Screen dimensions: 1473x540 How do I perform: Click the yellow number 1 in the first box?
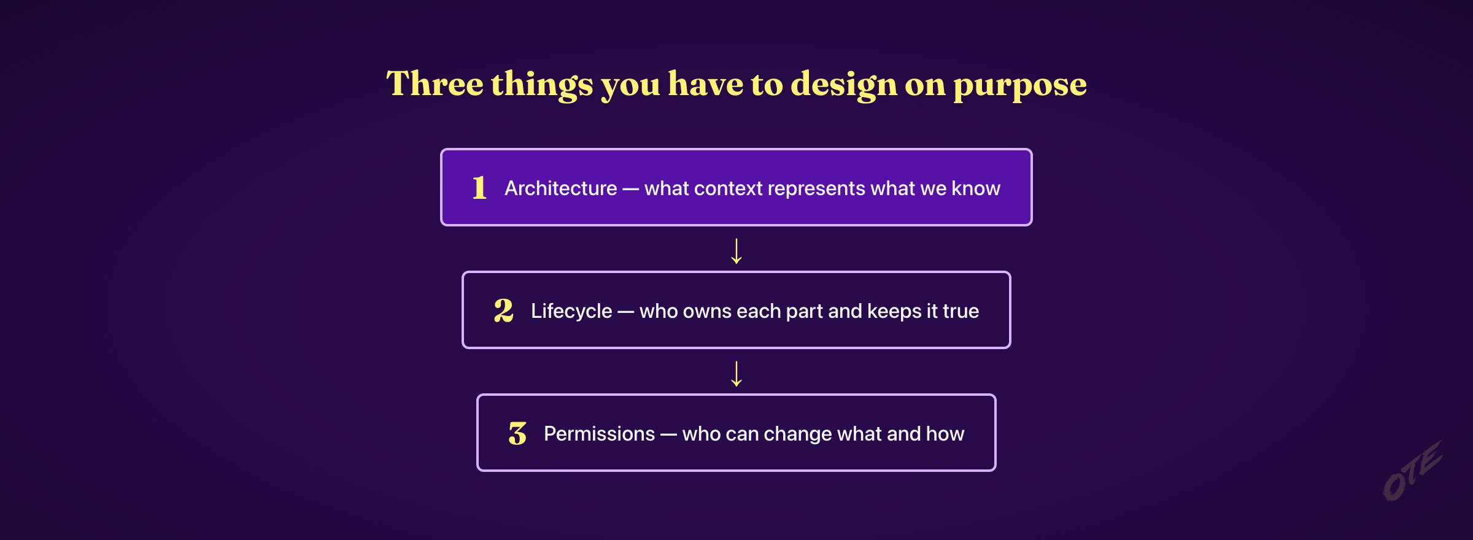point(479,187)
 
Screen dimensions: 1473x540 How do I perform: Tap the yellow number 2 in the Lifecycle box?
point(503,310)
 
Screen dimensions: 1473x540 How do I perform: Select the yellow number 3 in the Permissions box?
point(517,433)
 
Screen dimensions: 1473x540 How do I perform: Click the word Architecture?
point(560,188)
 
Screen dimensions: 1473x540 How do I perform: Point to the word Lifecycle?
point(571,311)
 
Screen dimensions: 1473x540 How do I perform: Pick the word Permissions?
point(600,433)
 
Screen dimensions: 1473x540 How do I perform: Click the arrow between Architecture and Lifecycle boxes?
point(736,251)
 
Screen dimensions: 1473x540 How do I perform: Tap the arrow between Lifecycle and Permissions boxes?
point(736,374)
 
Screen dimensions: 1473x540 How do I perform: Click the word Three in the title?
point(435,83)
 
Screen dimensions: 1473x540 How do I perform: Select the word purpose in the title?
point(1019,86)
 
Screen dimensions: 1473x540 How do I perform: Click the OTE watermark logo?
point(1412,471)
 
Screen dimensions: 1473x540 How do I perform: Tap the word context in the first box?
point(728,188)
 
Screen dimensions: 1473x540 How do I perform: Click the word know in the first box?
point(976,188)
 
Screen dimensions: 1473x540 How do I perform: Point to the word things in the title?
point(542,85)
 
